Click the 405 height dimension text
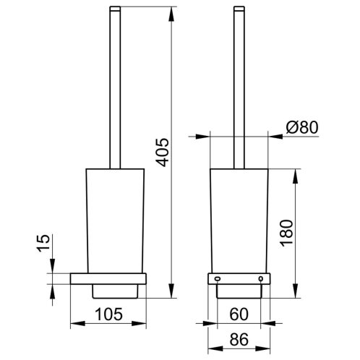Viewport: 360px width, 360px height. [x=162, y=153]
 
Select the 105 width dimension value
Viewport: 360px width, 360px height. [x=109, y=314]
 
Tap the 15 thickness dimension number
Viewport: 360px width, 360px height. [x=43, y=243]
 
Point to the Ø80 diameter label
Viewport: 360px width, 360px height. [x=302, y=127]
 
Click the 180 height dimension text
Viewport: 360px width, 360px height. [x=287, y=233]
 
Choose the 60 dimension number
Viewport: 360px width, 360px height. [x=239, y=314]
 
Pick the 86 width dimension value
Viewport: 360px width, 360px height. [x=239, y=339]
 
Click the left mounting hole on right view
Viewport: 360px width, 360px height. [x=217, y=279]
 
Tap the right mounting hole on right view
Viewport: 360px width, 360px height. [x=261, y=279]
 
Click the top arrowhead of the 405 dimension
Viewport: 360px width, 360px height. [x=171, y=14]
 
